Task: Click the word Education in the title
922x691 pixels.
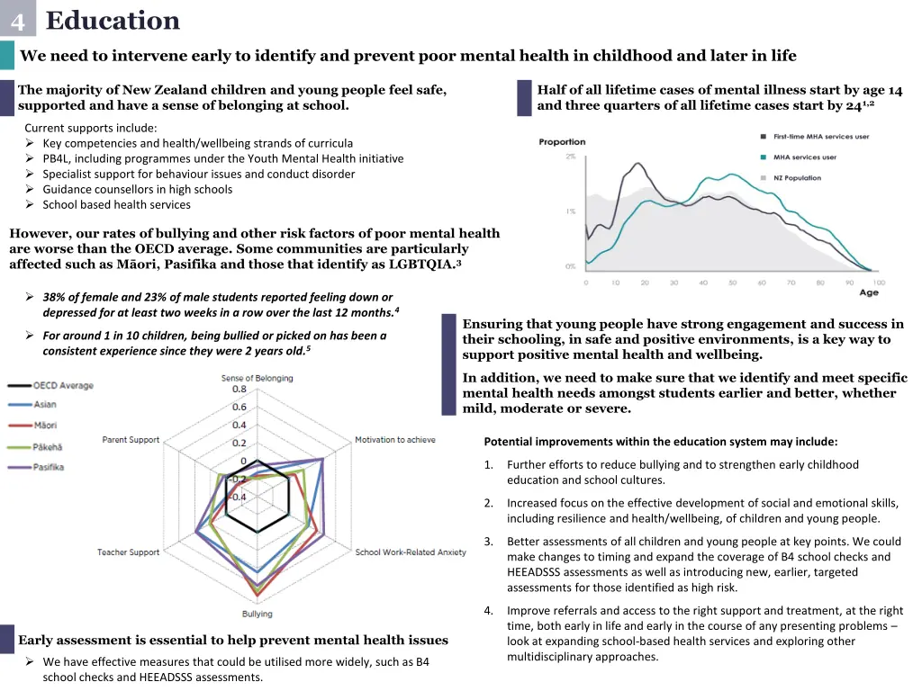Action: click(113, 20)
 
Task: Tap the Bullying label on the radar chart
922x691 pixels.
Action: click(257, 614)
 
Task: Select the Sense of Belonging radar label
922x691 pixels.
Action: click(257, 378)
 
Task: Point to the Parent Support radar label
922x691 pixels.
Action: click(131, 440)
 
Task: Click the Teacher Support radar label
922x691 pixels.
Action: click(129, 552)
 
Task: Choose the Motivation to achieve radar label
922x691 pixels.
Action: click(395, 440)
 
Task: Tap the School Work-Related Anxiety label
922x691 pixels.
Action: click(411, 552)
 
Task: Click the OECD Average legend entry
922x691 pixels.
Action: click(63, 386)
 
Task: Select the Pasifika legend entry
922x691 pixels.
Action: click(50, 467)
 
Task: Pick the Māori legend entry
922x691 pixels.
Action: click(46, 425)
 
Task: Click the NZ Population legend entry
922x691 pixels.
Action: click(797, 178)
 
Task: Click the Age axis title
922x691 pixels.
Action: click(869, 292)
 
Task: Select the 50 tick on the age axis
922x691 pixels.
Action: click(733, 283)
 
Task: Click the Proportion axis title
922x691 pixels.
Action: click(562, 142)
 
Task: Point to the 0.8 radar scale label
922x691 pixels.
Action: click(240, 390)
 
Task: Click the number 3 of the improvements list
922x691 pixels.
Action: click(488, 542)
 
